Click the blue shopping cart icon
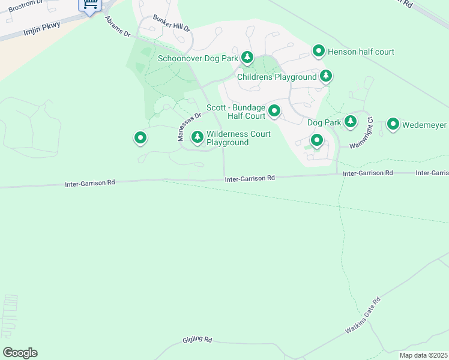pos(90,5)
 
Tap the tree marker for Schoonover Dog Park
pos(247,58)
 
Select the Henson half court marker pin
pos(319,52)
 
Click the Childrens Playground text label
pos(277,77)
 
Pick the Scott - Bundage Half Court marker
pos(274,111)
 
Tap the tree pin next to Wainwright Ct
pos(351,122)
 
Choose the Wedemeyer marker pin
pos(393,124)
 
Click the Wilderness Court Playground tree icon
pos(197,138)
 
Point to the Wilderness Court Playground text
pos(238,139)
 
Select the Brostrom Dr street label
pos(26,7)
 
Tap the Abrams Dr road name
pos(118,26)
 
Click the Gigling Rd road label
pos(197,340)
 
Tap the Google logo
pos(20,353)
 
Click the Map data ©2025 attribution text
pos(423,355)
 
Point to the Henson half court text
pos(361,52)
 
